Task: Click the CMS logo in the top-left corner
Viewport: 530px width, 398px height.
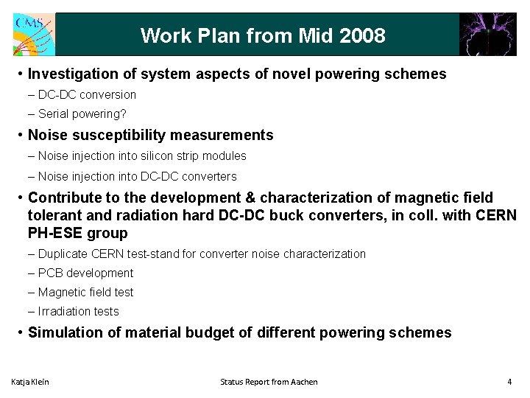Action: (x=32, y=34)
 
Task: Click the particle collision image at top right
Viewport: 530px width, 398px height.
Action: (x=487, y=34)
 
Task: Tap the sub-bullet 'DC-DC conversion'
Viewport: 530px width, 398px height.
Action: (x=87, y=94)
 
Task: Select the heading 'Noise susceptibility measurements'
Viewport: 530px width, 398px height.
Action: (x=150, y=135)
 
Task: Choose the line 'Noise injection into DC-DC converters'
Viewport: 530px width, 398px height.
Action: (x=137, y=176)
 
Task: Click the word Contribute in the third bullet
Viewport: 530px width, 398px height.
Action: (x=67, y=198)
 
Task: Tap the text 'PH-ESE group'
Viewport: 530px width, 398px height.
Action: (x=77, y=233)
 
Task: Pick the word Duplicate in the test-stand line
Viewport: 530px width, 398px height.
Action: (x=63, y=254)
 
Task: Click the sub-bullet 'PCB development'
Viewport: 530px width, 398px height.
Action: (x=85, y=273)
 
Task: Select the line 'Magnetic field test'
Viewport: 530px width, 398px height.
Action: (x=85, y=292)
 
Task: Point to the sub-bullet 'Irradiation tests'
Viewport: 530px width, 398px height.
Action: (x=78, y=311)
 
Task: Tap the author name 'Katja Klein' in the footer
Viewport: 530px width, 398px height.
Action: (x=30, y=382)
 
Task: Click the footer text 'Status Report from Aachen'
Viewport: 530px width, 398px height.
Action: (x=269, y=382)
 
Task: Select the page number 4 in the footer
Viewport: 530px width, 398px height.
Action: (x=509, y=382)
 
